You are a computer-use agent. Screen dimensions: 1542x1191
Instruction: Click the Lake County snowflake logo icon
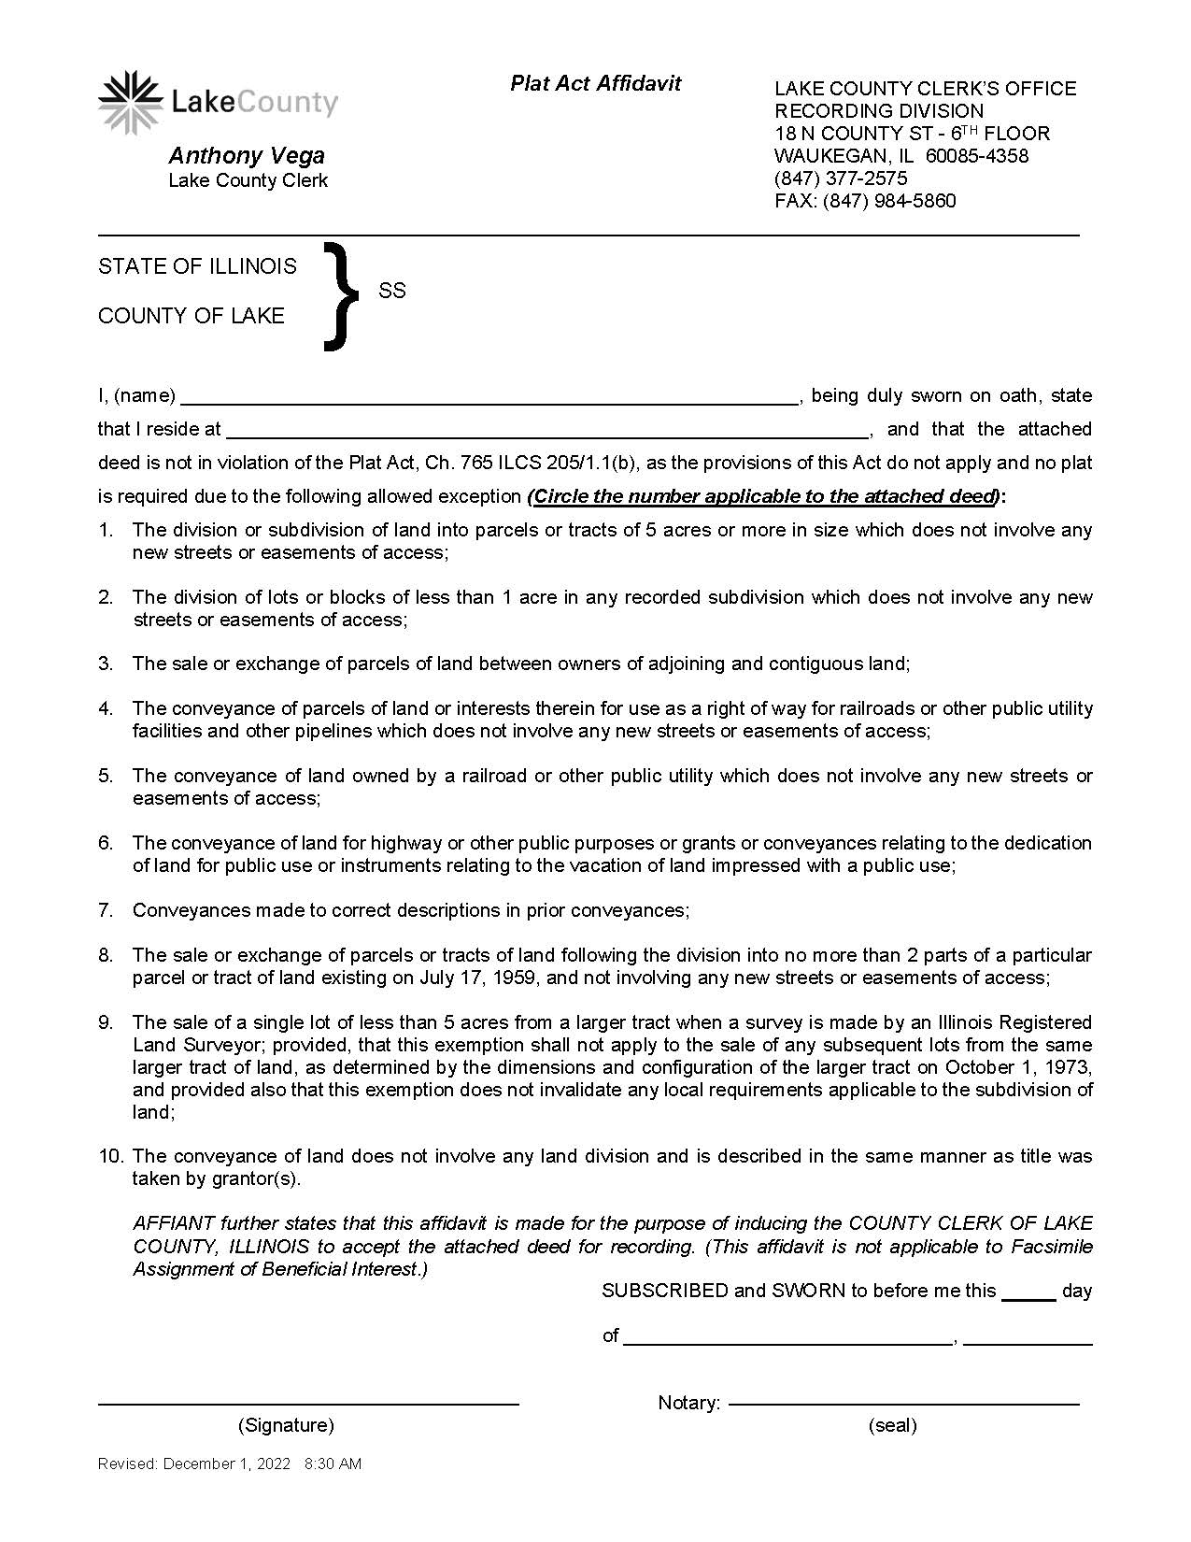[x=130, y=102]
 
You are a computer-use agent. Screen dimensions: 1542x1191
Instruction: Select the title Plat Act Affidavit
[x=595, y=83]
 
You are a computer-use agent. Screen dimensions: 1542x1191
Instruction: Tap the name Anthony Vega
[x=247, y=156]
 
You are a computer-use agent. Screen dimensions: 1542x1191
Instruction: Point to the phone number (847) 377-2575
[x=841, y=178]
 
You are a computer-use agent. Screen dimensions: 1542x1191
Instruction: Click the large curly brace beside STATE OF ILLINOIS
[x=340, y=295]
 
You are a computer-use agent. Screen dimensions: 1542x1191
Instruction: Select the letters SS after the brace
[x=392, y=291]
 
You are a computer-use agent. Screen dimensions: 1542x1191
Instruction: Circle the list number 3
[x=106, y=664]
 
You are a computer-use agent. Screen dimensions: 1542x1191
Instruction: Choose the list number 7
[x=106, y=910]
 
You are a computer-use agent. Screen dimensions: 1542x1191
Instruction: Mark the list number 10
[x=110, y=1157]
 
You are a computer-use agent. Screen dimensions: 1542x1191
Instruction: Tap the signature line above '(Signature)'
[x=308, y=1404]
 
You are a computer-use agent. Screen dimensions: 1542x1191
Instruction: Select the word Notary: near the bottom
[x=688, y=1403]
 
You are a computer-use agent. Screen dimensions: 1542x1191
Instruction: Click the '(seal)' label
[x=892, y=1425]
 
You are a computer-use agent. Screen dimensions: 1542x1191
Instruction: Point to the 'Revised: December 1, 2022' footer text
[x=194, y=1463]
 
